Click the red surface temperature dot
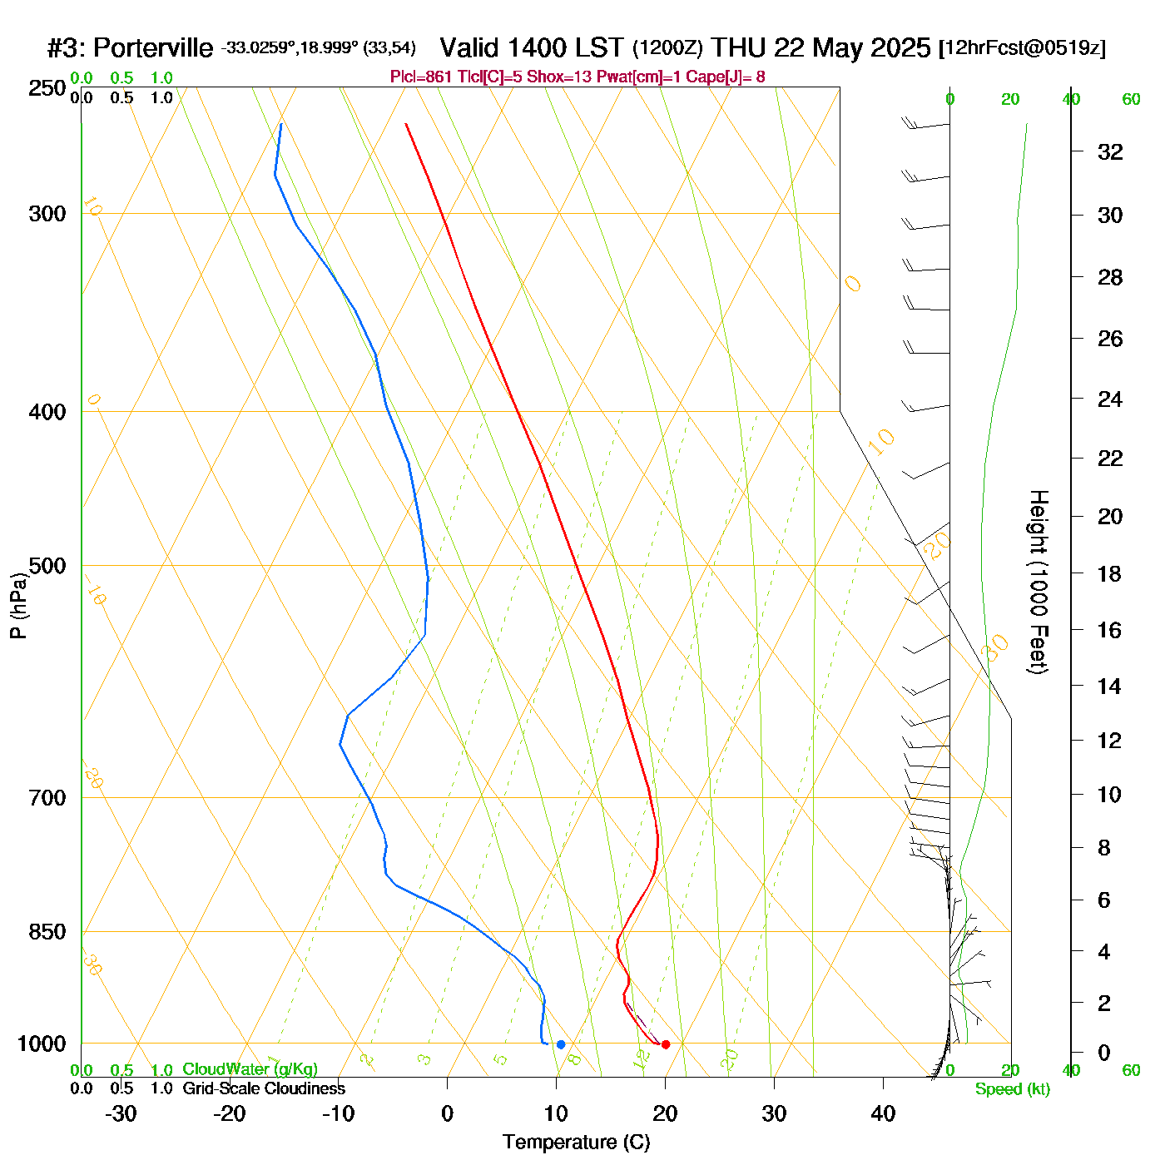[666, 1044]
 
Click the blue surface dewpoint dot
[561, 1044]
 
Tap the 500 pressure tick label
[47, 566]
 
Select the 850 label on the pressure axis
[47, 932]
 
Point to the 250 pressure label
[47, 88]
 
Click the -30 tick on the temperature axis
[121, 1113]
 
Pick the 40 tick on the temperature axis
[883, 1113]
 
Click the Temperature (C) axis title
[576, 1143]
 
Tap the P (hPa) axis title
[18, 606]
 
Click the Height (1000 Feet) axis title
[1039, 582]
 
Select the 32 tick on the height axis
[1110, 151]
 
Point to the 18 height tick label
[1110, 573]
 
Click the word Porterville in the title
[153, 48]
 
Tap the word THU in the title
[739, 47]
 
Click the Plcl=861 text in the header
[421, 77]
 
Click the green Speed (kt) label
[1013, 1089]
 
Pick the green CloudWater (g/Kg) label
[250, 1069]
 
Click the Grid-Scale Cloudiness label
[264, 1088]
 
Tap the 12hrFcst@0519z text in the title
[1023, 48]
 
